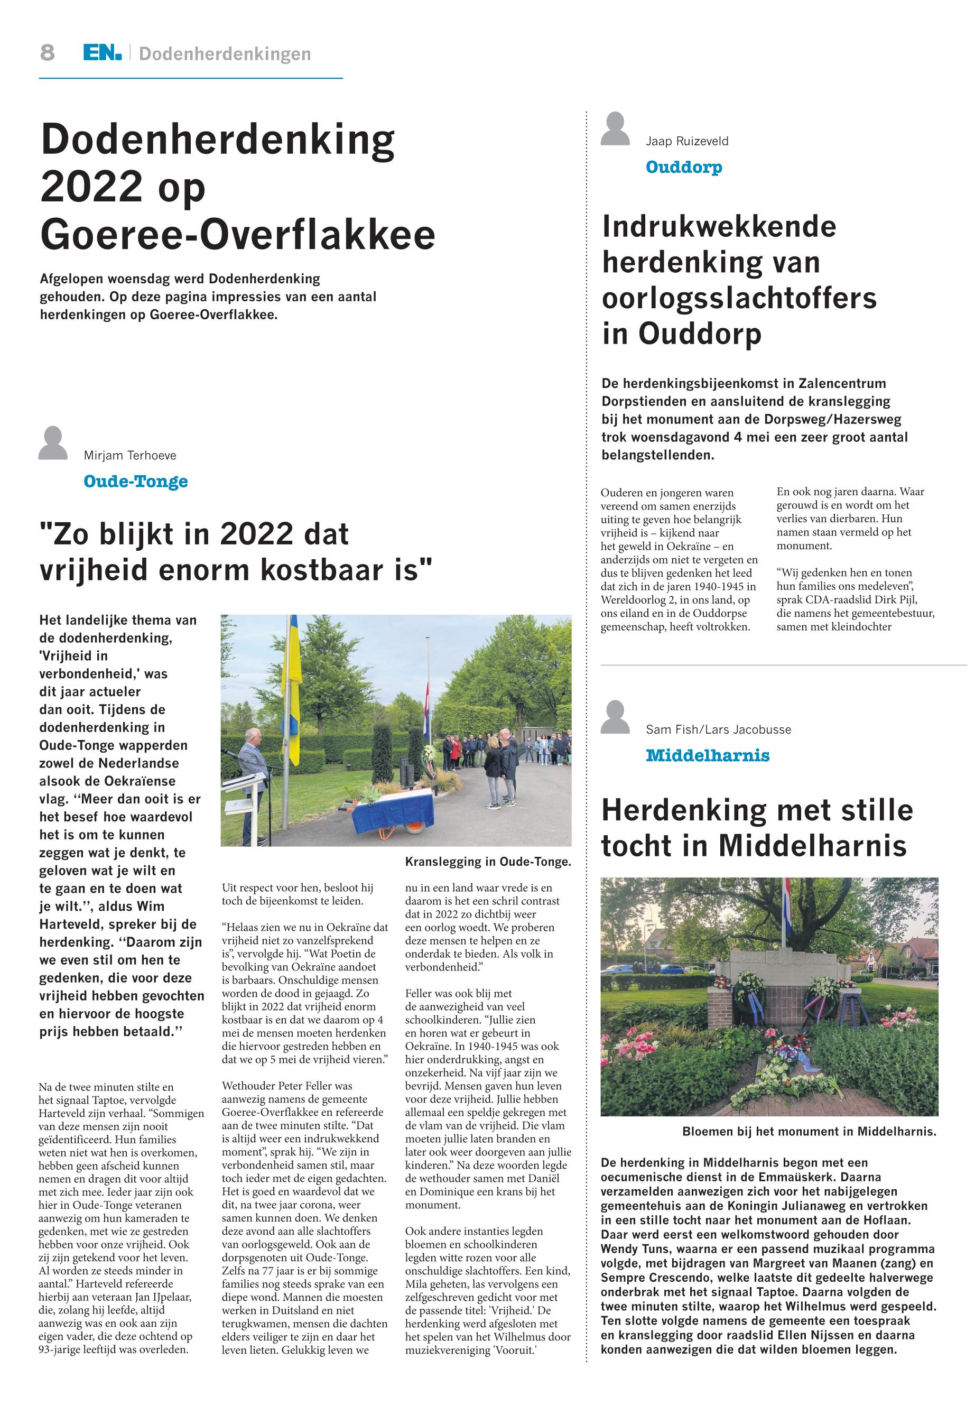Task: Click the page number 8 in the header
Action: click(48, 53)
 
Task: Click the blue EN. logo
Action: click(102, 53)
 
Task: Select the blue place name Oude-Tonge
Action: click(136, 482)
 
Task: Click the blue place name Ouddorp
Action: click(684, 167)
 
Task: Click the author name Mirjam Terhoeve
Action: click(129, 455)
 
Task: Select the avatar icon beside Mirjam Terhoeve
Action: click(53, 443)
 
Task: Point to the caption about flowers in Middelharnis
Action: click(809, 1131)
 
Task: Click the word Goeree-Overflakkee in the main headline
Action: click(238, 235)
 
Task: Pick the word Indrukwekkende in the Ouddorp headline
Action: click(719, 227)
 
